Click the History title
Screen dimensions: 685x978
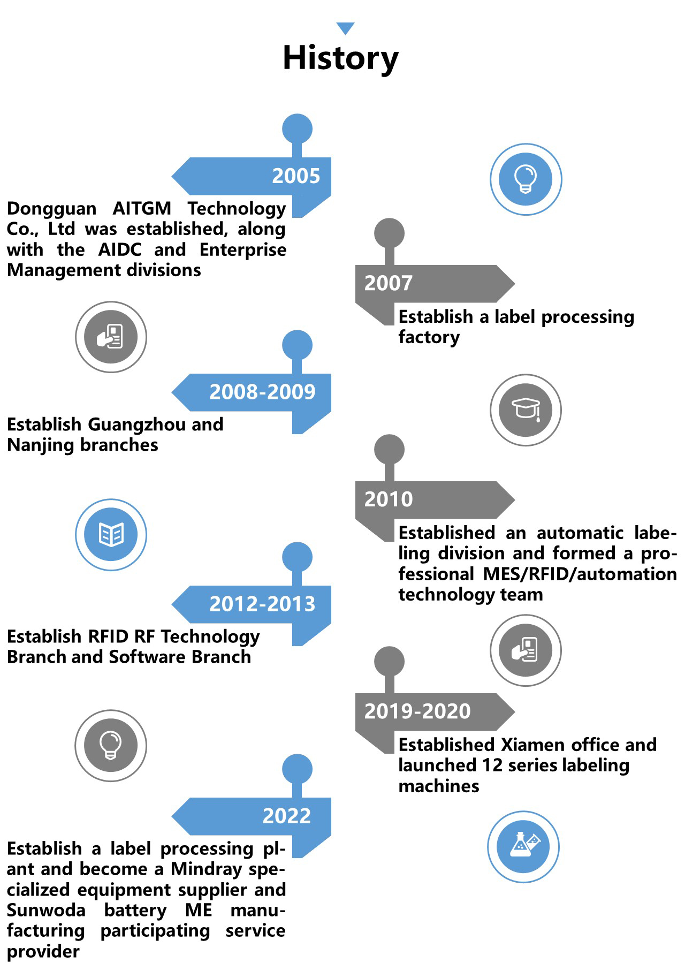(340, 58)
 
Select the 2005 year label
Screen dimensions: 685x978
(296, 176)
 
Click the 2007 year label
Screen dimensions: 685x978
(389, 283)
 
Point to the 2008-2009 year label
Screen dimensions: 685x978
(262, 392)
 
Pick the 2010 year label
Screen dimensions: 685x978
(389, 499)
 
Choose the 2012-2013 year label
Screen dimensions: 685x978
(262, 604)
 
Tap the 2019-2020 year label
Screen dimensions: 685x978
(417, 711)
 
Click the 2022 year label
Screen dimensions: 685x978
(286, 816)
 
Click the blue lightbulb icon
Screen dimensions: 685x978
(526, 179)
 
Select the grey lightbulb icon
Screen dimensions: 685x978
(111, 745)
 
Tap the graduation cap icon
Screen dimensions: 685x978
(527, 410)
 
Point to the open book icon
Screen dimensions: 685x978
(111, 534)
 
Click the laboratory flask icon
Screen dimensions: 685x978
(524, 846)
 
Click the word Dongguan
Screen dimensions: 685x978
(51, 209)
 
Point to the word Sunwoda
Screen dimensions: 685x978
(46, 910)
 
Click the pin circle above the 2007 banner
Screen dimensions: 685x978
(389, 233)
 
